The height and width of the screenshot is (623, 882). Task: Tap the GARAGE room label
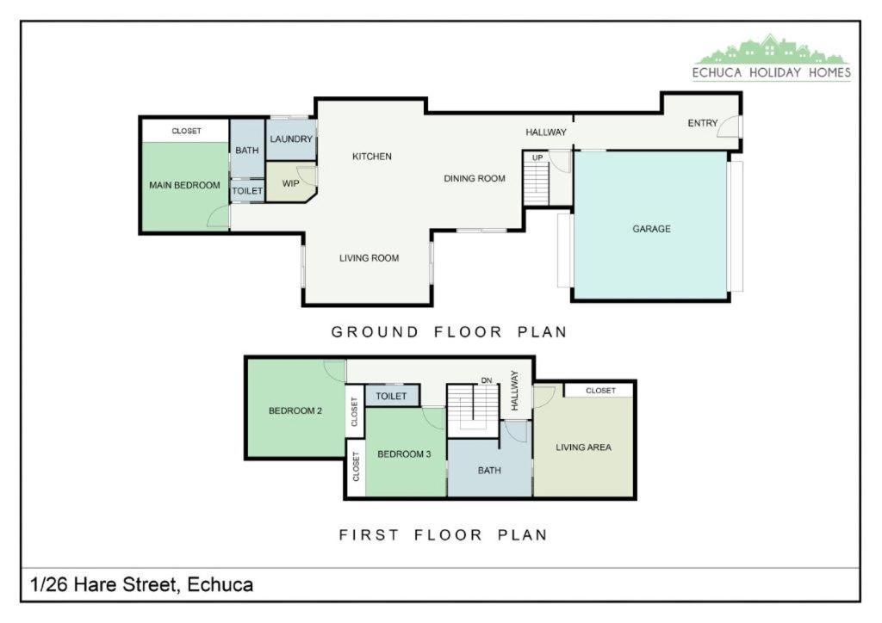tap(651, 229)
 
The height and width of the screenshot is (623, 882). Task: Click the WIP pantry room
tap(290, 182)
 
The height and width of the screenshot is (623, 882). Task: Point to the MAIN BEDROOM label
tap(184, 185)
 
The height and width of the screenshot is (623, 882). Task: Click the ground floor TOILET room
tap(247, 190)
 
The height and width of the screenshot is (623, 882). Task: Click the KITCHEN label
tap(372, 156)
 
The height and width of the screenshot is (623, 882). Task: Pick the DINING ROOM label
tap(475, 178)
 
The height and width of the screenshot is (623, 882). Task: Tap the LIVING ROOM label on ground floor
tap(369, 258)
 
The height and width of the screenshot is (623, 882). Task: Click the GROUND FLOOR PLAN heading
tap(449, 332)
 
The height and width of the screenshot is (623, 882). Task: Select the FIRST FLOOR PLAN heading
tap(444, 535)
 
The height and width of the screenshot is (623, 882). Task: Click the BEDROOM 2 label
tap(295, 410)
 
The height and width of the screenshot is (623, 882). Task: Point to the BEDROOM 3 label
tap(405, 453)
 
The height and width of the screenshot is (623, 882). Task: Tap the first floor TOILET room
tap(392, 396)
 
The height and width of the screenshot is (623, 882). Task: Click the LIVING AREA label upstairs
tap(583, 447)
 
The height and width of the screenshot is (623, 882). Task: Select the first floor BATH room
tap(489, 468)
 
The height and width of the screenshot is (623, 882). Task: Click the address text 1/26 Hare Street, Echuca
tap(142, 585)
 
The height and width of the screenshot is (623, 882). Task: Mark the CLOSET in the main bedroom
tap(186, 130)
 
